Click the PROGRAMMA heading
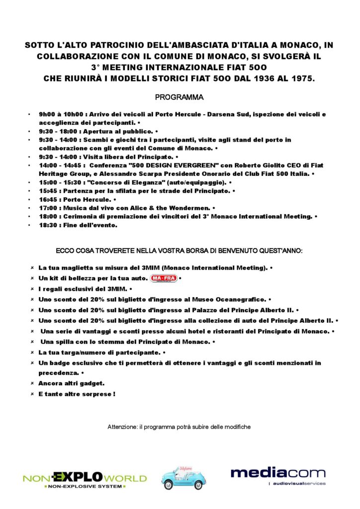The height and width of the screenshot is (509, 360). (180, 97)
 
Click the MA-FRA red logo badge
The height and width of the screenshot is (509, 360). (164, 278)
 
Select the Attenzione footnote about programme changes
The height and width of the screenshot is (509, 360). (179, 427)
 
